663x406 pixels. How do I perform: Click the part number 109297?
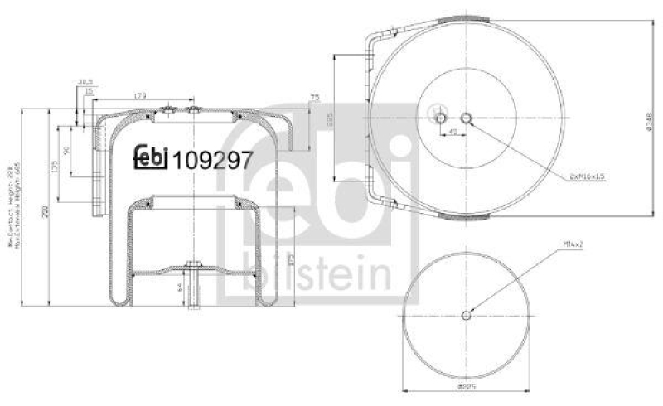tap(212, 159)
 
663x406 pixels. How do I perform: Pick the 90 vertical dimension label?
tap(66, 151)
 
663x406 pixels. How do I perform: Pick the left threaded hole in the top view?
tap(441, 118)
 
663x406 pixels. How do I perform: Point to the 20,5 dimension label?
tap(85, 81)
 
